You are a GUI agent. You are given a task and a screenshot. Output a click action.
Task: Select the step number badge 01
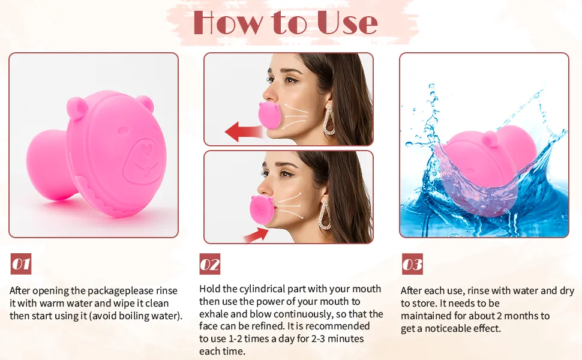click(21, 264)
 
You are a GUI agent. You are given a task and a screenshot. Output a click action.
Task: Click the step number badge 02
click(210, 264)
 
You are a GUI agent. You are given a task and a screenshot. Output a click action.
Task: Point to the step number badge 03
click(412, 264)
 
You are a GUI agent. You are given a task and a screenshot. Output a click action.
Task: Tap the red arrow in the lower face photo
click(254, 234)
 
